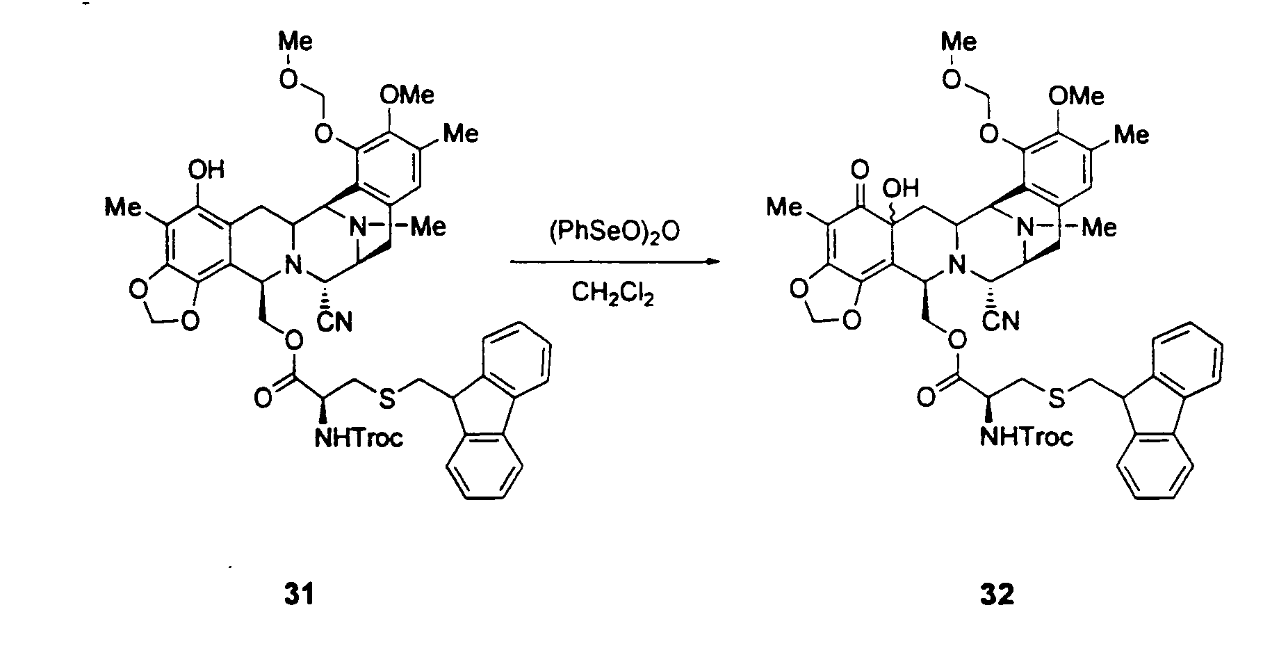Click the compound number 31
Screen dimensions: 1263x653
[x=299, y=595]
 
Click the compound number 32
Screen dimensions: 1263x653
[x=997, y=595]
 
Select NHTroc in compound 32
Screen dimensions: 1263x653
[x=1028, y=436]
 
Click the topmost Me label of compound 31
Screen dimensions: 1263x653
[x=296, y=41]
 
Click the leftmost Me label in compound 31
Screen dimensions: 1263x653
[x=123, y=207]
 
